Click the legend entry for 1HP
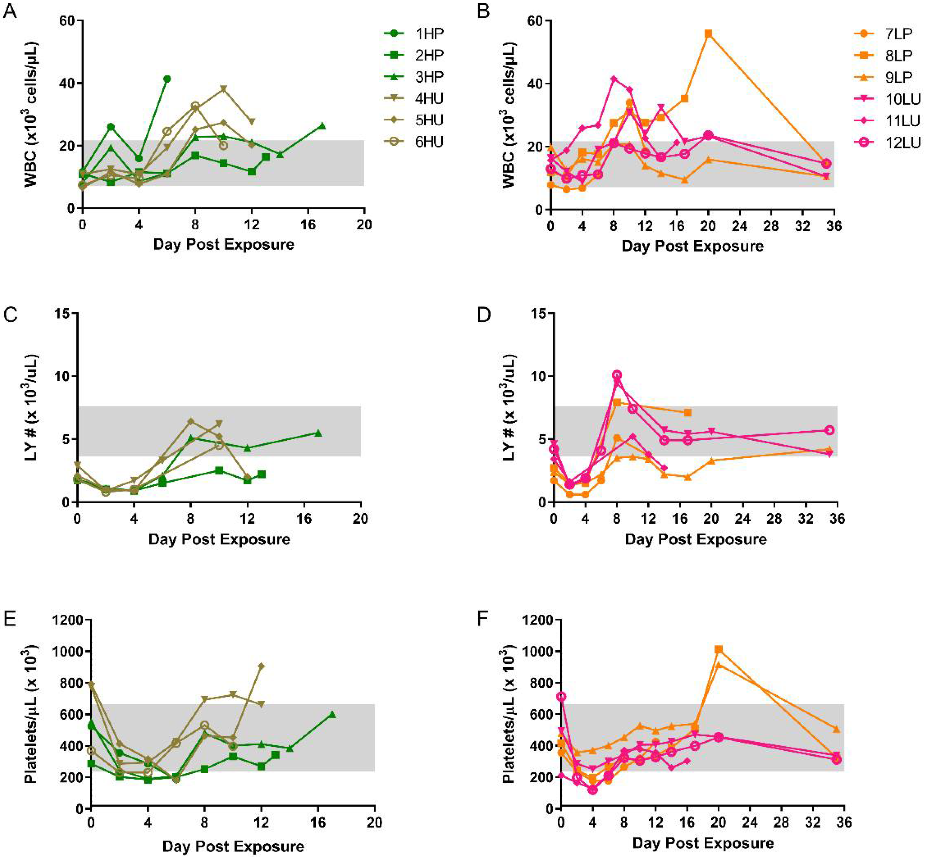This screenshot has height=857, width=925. coord(429,33)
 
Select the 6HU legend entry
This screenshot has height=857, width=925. coord(429,142)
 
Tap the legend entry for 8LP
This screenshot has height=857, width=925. coord(898,55)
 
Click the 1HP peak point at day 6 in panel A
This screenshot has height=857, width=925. coord(167,79)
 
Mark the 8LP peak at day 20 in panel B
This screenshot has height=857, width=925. coord(708,33)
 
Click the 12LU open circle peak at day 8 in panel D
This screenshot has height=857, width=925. coord(617,375)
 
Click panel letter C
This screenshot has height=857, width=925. coord(10,315)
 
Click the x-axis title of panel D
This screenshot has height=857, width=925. coord(696,539)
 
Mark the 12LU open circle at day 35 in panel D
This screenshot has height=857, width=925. coord(829,430)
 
